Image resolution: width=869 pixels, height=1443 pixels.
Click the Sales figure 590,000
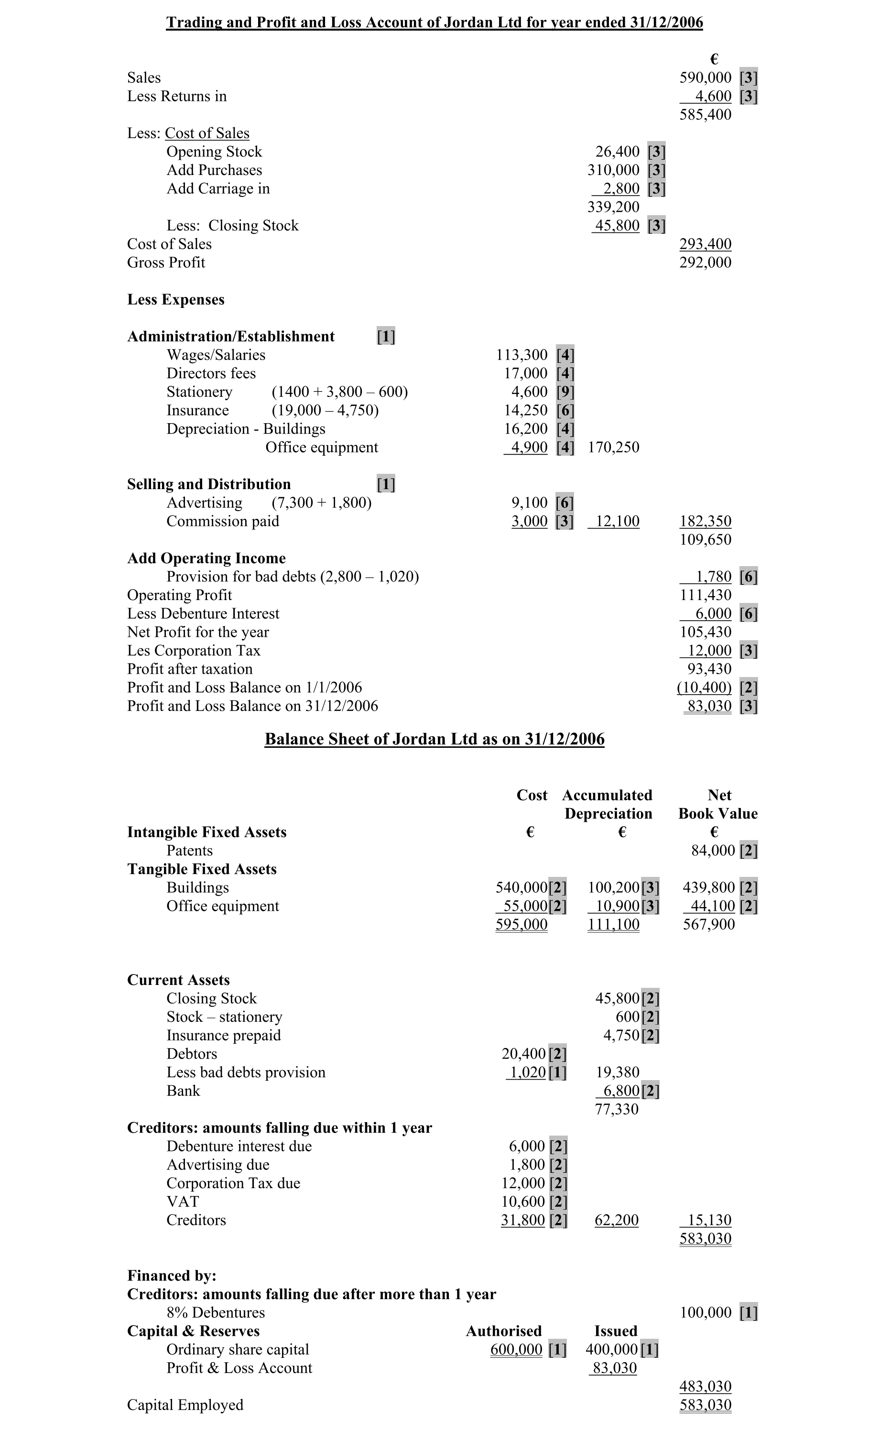point(705,77)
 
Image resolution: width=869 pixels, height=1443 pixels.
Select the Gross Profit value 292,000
point(705,262)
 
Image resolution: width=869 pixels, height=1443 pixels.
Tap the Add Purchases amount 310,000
point(613,170)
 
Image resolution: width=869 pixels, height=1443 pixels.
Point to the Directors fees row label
point(211,373)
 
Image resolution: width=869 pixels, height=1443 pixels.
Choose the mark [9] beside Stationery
point(565,392)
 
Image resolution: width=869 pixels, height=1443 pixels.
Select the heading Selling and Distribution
point(209,484)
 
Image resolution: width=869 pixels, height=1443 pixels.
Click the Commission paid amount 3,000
point(529,521)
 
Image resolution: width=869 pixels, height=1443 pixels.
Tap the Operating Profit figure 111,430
point(705,595)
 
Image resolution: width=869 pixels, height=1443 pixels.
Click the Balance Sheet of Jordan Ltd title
point(434,739)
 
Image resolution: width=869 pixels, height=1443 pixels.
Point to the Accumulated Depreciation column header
point(607,804)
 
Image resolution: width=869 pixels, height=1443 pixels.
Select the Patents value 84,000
point(713,850)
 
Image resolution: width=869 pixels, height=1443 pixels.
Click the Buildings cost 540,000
point(521,887)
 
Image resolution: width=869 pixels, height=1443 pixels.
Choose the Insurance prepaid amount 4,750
point(621,1036)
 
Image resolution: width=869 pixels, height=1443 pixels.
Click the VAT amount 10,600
point(523,1202)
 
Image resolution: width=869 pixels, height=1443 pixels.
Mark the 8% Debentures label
point(216,1312)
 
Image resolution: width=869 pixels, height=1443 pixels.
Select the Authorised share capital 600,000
point(516,1349)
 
